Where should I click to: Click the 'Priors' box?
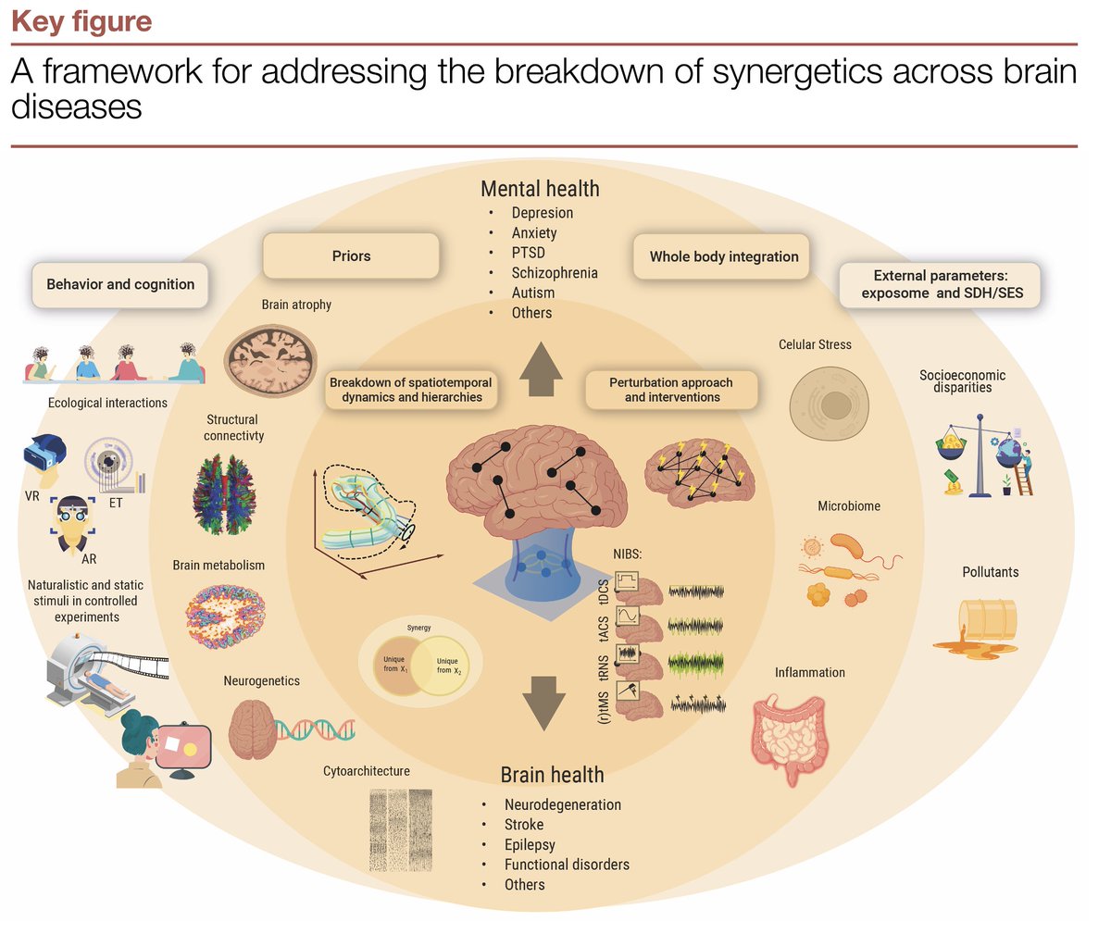351,256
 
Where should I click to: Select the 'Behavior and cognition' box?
120,284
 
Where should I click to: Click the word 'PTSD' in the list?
528,253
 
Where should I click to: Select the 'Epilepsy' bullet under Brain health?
530,844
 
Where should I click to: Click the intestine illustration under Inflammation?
789,736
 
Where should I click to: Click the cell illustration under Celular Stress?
830,405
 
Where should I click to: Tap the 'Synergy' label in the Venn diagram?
419,628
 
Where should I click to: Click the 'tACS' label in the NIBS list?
604,629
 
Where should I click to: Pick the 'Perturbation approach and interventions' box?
671,390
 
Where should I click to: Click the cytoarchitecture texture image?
401,829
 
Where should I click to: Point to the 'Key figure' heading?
81,21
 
